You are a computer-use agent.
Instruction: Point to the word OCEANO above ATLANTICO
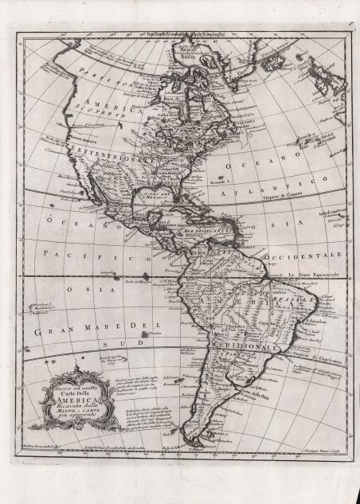pos(263,165)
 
